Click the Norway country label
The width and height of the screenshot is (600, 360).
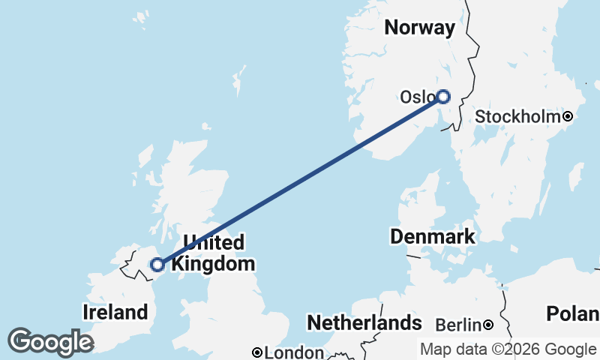point(419,28)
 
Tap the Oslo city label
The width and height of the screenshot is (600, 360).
point(417,97)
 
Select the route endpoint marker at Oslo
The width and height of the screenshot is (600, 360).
point(443,96)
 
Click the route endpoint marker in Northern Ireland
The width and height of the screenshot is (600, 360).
point(157,264)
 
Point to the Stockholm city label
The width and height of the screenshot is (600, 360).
point(518,116)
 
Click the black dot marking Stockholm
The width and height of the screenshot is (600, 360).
point(568,116)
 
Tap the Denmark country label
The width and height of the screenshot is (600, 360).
point(432,237)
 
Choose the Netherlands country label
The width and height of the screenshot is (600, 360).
point(364,323)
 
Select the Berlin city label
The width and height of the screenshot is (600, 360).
point(458,325)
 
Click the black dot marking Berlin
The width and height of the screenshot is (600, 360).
point(488,325)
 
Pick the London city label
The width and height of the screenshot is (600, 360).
point(294,352)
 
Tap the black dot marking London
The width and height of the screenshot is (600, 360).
point(257,352)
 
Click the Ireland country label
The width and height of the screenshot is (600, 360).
point(115,312)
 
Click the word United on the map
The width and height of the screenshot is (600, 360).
point(214,243)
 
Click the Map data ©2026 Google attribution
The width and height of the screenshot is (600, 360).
point(508,349)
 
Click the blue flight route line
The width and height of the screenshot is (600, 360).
point(300,180)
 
